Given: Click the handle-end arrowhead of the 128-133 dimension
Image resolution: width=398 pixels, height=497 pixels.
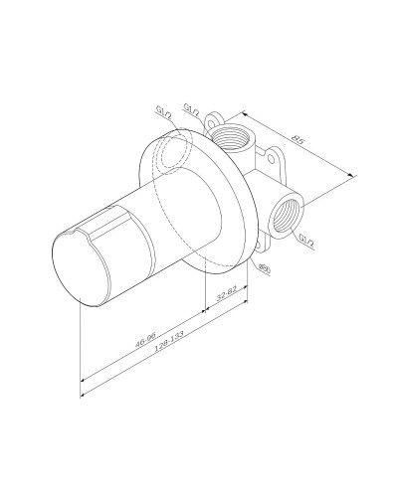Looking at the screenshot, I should [x=81, y=381].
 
